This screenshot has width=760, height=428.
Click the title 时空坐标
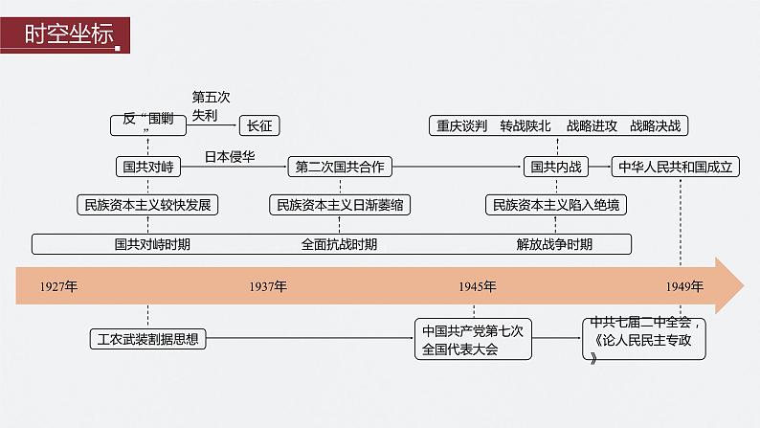(69, 34)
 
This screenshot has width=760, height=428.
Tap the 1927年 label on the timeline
(58, 286)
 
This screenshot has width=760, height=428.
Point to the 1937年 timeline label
(268, 286)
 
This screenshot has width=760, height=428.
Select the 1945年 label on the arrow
(478, 286)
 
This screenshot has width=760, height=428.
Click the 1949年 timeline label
(684, 286)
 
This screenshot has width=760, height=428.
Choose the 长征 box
(259, 126)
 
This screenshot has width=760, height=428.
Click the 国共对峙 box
(148, 167)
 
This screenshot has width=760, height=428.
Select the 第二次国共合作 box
(340, 167)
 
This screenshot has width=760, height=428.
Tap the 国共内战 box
(556, 167)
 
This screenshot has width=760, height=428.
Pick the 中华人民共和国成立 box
(676, 167)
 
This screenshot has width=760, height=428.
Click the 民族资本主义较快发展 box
(147, 205)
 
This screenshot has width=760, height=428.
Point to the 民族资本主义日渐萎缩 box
(340, 205)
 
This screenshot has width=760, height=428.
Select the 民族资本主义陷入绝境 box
(556, 205)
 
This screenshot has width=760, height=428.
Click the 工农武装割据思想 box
(147, 339)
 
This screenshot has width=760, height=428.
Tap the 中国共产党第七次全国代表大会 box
(473, 339)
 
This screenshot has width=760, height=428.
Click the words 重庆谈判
(462, 126)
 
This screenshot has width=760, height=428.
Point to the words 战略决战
(656, 126)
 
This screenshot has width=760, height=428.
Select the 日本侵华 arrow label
(230, 157)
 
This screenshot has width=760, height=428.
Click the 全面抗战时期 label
(339, 244)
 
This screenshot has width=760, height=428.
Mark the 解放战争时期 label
(554, 244)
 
